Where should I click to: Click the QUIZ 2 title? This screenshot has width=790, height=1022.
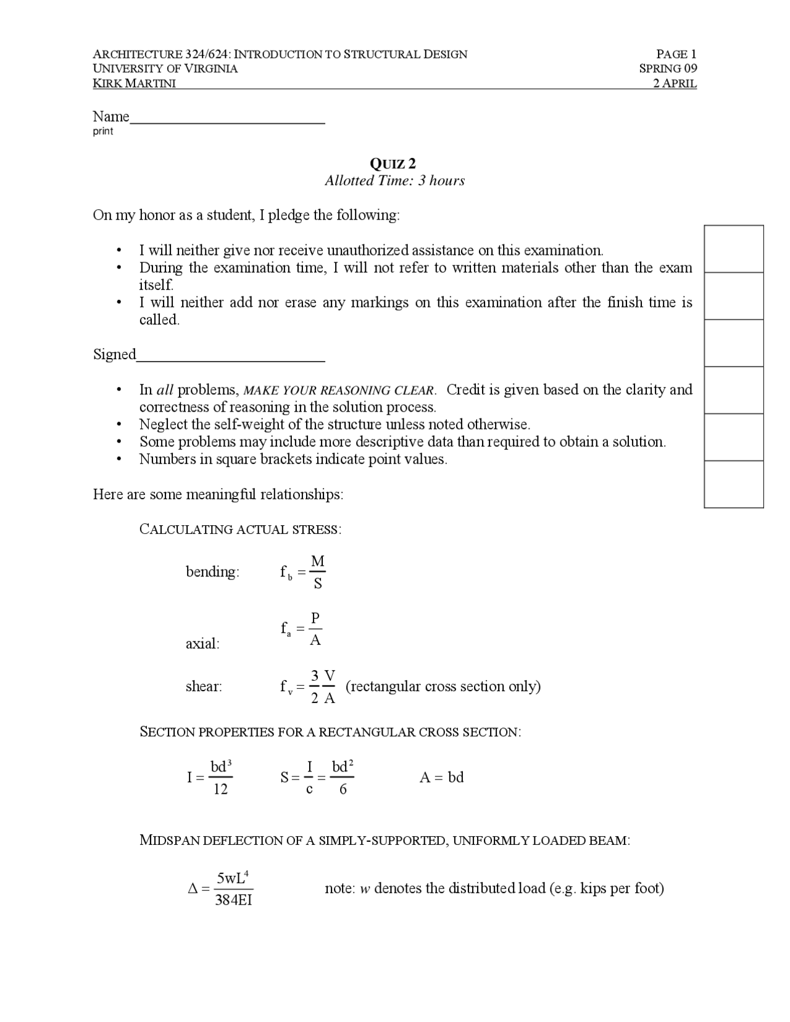393,164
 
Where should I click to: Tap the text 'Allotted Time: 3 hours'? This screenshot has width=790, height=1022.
394,181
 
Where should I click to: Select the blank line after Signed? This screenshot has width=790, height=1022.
231,359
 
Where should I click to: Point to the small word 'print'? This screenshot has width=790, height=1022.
103,131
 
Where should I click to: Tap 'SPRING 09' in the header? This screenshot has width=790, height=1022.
668,69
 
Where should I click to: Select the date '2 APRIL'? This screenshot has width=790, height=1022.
675,83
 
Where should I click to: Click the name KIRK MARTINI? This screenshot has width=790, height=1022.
134,83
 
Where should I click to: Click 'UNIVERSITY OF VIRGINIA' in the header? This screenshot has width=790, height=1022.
165,69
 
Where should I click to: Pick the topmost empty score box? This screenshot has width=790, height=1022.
733,249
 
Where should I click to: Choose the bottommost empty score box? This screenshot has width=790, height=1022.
733,484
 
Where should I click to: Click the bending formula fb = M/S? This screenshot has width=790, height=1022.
302,572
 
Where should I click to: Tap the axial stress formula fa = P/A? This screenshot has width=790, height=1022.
301,629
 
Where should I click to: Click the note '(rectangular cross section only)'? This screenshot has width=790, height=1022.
443,686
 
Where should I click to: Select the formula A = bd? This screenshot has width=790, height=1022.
441,778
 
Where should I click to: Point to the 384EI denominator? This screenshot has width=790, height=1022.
233,900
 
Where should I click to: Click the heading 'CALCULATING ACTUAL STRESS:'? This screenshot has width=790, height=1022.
240,530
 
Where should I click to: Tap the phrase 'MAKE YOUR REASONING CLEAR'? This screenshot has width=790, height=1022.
339,391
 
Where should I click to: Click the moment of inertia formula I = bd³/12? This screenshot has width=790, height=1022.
210,778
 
